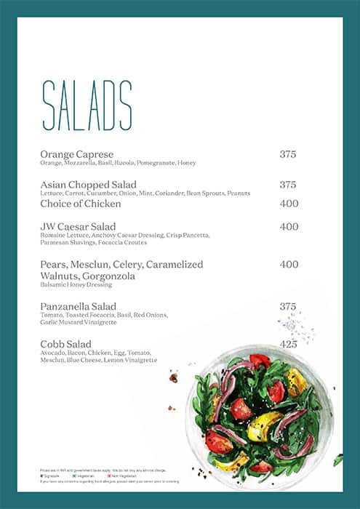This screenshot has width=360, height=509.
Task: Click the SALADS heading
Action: point(87,105)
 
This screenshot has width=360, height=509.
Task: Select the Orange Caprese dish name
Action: point(77,154)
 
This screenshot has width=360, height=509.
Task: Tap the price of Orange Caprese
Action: point(288,154)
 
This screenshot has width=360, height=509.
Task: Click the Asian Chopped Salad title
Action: point(89,185)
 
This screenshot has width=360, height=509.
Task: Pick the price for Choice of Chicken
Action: point(289,204)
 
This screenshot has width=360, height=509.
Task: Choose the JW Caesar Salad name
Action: point(78,227)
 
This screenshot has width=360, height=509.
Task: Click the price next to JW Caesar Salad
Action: point(289,227)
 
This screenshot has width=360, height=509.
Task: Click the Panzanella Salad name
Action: point(79,306)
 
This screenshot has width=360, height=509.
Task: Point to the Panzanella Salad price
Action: point(288,306)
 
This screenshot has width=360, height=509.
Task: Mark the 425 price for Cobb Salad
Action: point(289,344)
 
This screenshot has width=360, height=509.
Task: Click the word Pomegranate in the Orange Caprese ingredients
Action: point(155,163)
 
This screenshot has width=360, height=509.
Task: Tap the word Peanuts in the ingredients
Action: point(238,193)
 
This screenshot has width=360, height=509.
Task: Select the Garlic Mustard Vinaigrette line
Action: point(79,322)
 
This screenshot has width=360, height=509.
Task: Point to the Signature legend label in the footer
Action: point(52,476)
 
